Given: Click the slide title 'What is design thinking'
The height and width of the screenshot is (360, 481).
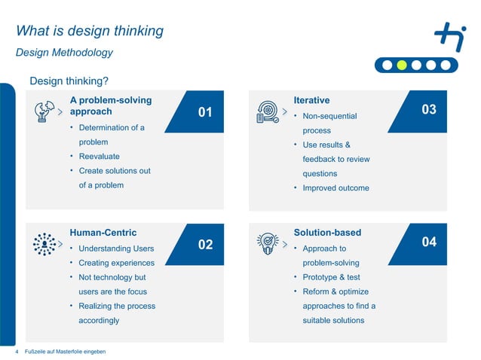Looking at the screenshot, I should [x=90, y=31].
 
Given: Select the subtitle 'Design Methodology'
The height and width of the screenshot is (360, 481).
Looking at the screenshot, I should [x=64, y=53].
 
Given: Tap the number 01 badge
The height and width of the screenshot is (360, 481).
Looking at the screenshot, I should [x=205, y=112].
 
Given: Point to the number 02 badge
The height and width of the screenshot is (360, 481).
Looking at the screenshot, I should [x=205, y=245].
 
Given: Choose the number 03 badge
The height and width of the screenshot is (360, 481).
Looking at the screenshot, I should [x=429, y=110].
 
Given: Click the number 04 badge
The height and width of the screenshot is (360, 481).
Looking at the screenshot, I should [x=429, y=242].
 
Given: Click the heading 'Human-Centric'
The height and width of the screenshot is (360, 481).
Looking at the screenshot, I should [x=103, y=233].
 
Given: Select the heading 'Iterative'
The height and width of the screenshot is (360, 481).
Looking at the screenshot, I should [x=311, y=100].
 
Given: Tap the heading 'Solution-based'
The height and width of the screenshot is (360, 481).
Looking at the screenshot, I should [x=327, y=233].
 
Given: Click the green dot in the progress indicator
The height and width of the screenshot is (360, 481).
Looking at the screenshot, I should [x=402, y=65].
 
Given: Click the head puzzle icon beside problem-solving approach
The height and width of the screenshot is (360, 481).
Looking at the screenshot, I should [x=44, y=111].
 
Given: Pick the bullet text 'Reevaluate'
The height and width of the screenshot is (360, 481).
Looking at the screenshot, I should [x=99, y=157].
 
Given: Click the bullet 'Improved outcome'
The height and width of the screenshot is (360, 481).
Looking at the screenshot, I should [x=335, y=188].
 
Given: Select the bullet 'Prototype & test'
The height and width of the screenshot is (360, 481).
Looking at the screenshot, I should [x=331, y=277].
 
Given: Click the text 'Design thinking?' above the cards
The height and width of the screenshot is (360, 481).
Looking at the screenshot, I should [x=69, y=81].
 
